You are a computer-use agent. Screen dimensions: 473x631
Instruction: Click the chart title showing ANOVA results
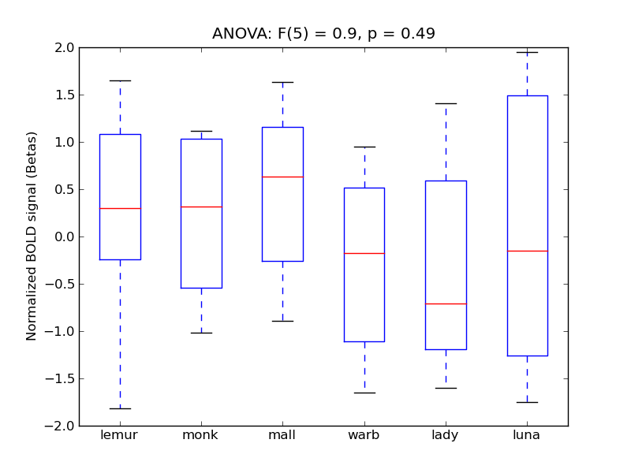[x=323, y=34]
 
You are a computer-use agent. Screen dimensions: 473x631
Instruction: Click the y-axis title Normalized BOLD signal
[x=32, y=236]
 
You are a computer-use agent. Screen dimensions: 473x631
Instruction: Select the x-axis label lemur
[x=120, y=435]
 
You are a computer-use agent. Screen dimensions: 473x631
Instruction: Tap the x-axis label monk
[x=201, y=435]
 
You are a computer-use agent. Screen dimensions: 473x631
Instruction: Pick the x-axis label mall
[x=282, y=435]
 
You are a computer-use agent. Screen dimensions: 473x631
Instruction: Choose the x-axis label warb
[x=364, y=435]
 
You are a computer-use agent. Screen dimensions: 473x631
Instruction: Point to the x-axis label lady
[x=446, y=435]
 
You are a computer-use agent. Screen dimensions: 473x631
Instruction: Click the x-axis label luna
[x=527, y=435]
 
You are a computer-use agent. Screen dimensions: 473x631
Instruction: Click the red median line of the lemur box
[x=120, y=208]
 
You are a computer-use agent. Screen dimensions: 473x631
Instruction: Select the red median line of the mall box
[x=282, y=177]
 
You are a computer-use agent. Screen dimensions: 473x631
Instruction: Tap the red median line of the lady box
[x=446, y=304]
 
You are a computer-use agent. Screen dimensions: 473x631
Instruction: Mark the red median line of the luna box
[x=527, y=251]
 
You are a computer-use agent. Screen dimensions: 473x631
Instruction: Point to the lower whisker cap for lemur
[x=120, y=408]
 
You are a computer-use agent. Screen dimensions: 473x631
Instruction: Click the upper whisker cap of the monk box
[x=201, y=131]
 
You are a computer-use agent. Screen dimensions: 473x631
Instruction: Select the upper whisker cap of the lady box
[x=446, y=103]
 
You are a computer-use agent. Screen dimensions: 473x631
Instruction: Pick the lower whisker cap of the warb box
[x=364, y=393]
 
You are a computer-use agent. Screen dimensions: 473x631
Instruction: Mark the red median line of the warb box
[x=364, y=253]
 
